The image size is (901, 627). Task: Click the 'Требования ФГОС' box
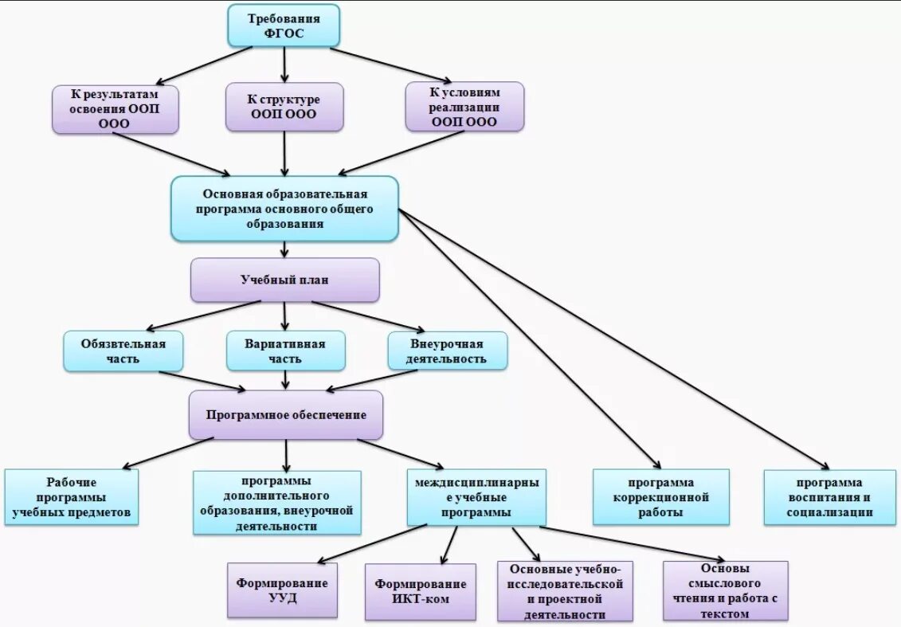(x=284, y=25)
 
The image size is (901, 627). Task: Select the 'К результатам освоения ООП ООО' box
(x=116, y=109)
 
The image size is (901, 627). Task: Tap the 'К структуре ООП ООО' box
(x=284, y=107)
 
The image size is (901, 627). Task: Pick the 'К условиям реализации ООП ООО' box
(x=465, y=107)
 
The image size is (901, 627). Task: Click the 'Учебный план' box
(x=285, y=280)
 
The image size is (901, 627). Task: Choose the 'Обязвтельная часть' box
(x=123, y=351)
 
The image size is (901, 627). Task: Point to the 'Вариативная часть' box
(x=285, y=351)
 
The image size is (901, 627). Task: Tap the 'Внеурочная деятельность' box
(x=447, y=351)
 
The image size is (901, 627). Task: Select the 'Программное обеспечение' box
(x=285, y=415)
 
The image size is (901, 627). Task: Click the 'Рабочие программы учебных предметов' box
(x=72, y=497)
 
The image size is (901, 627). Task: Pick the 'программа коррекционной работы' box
(x=660, y=497)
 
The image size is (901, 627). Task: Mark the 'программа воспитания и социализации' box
(x=830, y=497)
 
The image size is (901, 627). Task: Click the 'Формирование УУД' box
(x=282, y=590)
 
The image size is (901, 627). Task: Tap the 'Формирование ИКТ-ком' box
(x=421, y=592)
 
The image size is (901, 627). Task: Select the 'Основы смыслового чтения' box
(x=725, y=591)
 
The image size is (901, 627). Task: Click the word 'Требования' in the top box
(x=284, y=18)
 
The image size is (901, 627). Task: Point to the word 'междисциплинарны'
(x=477, y=483)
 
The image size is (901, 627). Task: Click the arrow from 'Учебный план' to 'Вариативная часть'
(x=285, y=316)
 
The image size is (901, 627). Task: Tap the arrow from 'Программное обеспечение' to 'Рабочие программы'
(x=168, y=453)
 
